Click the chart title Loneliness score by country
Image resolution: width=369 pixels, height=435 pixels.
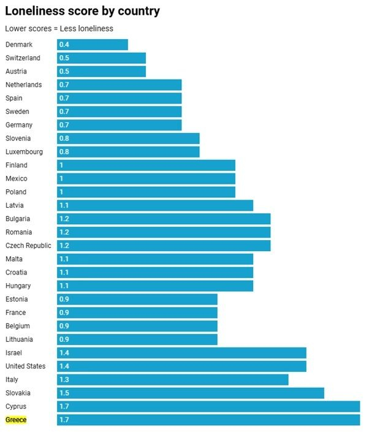pyautogui.click(x=82, y=10)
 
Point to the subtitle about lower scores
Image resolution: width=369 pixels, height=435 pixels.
pyautogui.click(x=59, y=28)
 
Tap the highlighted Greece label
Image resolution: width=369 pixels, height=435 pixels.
pyautogui.click(x=16, y=420)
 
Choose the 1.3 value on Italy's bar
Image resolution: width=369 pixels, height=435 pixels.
pyautogui.click(x=64, y=380)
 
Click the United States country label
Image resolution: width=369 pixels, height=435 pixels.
pyautogui.click(x=25, y=366)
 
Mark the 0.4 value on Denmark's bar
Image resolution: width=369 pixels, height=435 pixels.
pyautogui.click(x=64, y=45)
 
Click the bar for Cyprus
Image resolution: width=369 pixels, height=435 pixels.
pyautogui.click(x=208, y=407)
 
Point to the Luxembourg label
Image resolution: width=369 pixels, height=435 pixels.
pyautogui.click(x=25, y=152)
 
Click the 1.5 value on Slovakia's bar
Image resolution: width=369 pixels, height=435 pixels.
pyautogui.click(x=64, y=393)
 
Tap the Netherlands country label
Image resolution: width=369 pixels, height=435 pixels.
pyautogui.click(x=24, y=85)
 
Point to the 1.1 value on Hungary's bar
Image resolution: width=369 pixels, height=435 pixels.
pyautogui.click(x=64, y=286)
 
